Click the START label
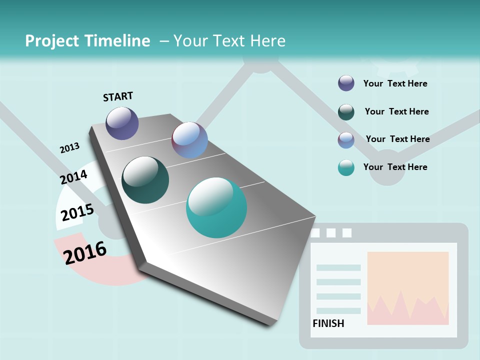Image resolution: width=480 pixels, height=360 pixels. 118,96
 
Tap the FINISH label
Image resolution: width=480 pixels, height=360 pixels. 328,323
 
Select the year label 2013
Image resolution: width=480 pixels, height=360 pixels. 69,148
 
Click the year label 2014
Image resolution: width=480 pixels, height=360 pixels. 73,177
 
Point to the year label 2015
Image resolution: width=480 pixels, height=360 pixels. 77,212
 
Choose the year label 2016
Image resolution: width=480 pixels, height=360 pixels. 85,252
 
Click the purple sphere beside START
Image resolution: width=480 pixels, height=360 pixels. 122,123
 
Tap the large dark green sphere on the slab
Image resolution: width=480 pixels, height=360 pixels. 145,180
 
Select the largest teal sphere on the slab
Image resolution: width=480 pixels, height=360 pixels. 216,207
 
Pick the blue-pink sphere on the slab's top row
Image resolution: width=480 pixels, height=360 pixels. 189,140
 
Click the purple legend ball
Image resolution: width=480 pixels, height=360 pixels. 346,83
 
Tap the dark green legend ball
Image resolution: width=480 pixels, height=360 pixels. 346,112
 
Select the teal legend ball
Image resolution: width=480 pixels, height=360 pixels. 346,168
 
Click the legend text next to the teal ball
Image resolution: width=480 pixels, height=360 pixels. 395,167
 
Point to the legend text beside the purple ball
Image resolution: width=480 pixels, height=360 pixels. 395,83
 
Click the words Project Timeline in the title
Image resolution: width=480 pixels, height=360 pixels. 87,41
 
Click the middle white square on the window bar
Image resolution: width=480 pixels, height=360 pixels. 331,233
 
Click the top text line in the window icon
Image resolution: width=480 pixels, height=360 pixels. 338,268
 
